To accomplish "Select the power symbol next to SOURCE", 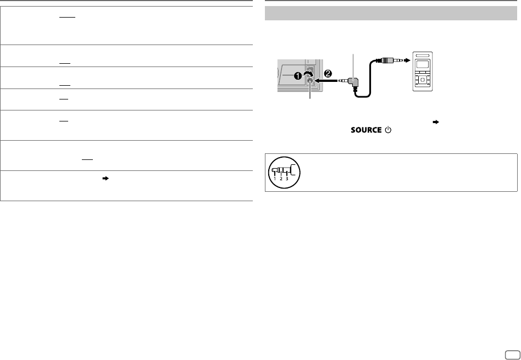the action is pyautogui.click(x=388, y=130).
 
